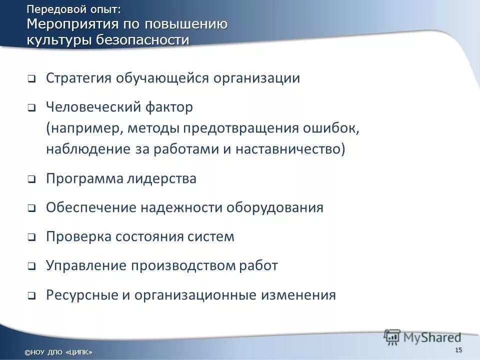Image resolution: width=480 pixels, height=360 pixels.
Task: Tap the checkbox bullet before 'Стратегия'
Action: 31,79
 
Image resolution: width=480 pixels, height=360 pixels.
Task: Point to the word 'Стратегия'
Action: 79,78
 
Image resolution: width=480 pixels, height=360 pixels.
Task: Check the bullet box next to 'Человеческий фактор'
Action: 31,107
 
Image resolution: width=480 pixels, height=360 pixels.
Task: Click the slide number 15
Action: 459,349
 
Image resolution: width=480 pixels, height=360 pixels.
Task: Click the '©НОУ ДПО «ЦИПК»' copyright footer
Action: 58,352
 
